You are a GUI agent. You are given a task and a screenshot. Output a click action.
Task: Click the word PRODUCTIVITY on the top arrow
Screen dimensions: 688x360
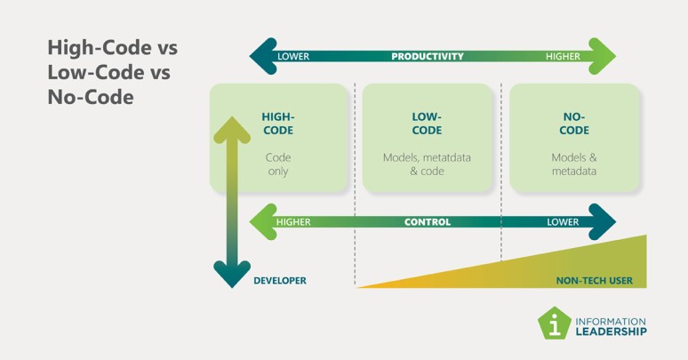point(428,56)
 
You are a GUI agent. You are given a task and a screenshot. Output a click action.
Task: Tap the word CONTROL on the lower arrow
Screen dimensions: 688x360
point(428,222)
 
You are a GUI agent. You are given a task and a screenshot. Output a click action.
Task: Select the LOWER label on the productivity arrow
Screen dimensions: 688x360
point(293,56)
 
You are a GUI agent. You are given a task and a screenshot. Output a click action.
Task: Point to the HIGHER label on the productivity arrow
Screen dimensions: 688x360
point(563,56)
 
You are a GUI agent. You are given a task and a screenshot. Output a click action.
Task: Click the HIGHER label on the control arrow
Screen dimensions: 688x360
point(293,222)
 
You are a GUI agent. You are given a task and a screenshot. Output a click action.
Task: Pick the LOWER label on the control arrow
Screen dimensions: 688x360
point(563,222)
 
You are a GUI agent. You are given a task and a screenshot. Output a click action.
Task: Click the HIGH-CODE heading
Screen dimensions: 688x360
point(278,124)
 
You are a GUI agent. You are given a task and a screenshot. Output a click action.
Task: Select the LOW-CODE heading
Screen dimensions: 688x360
point(427,124)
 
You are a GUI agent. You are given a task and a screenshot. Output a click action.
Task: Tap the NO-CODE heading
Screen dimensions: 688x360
point(574,124)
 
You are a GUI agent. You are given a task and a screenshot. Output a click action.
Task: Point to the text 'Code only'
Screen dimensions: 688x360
point(278,164)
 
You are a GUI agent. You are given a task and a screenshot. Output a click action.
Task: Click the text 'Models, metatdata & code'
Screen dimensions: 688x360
point(427,164)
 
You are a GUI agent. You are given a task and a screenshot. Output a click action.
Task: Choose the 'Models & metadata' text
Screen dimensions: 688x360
point(574,164)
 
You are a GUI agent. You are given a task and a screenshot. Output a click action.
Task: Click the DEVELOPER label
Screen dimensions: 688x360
point(280,281)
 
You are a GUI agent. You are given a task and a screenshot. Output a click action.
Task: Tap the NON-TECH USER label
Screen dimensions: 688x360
point(595,281)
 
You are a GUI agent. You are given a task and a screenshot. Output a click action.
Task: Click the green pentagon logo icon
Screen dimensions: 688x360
point(555,324)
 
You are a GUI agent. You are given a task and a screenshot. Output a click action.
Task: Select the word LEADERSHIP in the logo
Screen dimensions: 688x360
point(612,332)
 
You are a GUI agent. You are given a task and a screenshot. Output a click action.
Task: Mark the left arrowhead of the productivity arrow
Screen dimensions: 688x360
point(263,56)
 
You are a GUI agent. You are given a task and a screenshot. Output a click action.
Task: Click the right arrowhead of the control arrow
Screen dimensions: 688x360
point(602,221)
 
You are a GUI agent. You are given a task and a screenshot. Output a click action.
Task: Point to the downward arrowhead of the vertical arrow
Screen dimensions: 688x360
point(232,274)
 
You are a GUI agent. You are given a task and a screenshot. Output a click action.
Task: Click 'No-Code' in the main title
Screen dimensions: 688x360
point(91,97)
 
